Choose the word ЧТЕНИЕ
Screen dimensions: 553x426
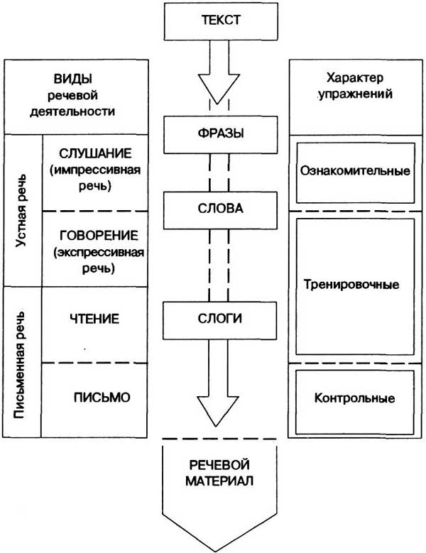pos(95,319)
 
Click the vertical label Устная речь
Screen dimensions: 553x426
pos(21,214)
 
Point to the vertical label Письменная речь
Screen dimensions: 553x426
pos(21,362)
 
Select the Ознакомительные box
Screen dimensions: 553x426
pos(355,171)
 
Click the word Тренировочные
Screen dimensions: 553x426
pos(355,284)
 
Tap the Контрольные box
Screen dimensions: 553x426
pos(354,398)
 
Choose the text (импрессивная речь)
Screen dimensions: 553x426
pos(96,180)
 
